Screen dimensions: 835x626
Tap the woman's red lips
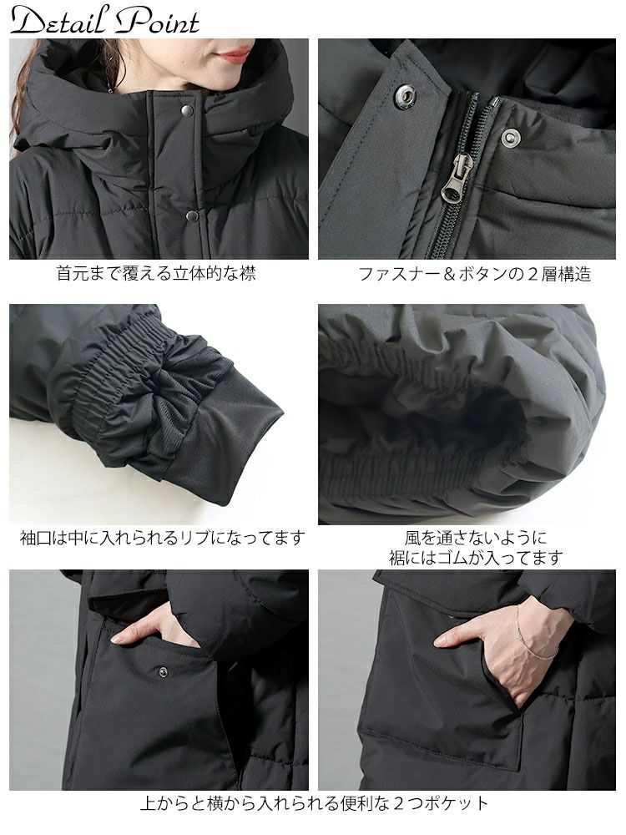coord(235,55)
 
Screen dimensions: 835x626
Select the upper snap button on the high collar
coord(187,110)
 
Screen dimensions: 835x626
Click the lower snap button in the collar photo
coord(192,215)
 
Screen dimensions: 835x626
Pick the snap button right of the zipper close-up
coord(509,138)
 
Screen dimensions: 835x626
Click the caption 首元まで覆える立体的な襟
coord(156,273)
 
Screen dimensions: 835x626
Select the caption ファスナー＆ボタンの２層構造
coord(474,273)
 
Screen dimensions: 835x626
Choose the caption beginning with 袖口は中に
coord(162,537)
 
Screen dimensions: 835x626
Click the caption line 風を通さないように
coord(475,537)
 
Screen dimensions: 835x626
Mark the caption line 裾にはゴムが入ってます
coord(475,557)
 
